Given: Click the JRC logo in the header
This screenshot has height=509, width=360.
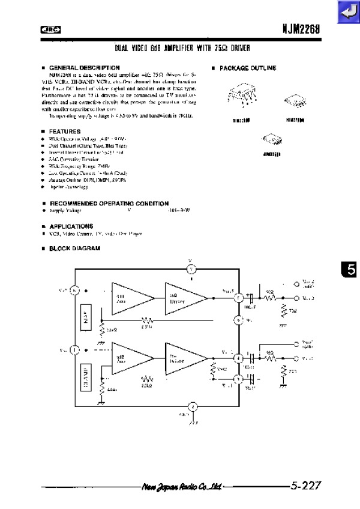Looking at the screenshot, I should click(51, 29).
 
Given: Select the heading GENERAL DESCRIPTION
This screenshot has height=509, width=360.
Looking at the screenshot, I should click(83, 67).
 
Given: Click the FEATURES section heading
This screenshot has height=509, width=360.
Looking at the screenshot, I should click(64, 131).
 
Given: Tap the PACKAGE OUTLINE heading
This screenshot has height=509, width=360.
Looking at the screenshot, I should click(247, 68).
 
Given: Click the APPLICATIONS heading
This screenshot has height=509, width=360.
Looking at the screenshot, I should click(70, 226).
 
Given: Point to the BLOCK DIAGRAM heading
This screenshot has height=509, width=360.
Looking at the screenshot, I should click(74, 248).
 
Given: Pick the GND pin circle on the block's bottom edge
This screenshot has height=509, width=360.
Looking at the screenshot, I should click(193, 407).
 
